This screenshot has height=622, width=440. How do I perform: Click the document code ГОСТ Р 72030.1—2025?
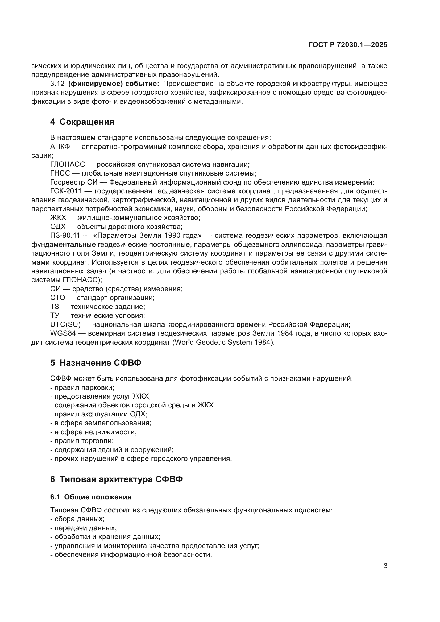(348, 45)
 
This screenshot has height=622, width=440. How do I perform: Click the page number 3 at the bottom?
(385, 566)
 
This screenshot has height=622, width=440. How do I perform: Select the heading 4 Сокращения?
(82, 122)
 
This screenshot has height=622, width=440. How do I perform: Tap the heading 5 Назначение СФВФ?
(96, 363)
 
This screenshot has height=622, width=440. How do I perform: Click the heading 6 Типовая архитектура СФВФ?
(117, 479)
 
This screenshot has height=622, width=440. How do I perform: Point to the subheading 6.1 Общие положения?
(91, 497)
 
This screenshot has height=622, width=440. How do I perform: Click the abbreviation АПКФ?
(60, 147)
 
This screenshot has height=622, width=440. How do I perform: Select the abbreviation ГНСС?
(60, 173)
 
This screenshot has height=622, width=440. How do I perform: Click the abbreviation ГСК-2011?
(66, 191)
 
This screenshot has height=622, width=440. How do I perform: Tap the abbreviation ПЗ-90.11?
(65, 235)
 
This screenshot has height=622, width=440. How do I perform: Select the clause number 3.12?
(57, 84)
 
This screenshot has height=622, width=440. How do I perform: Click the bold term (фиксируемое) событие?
(114, 84)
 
